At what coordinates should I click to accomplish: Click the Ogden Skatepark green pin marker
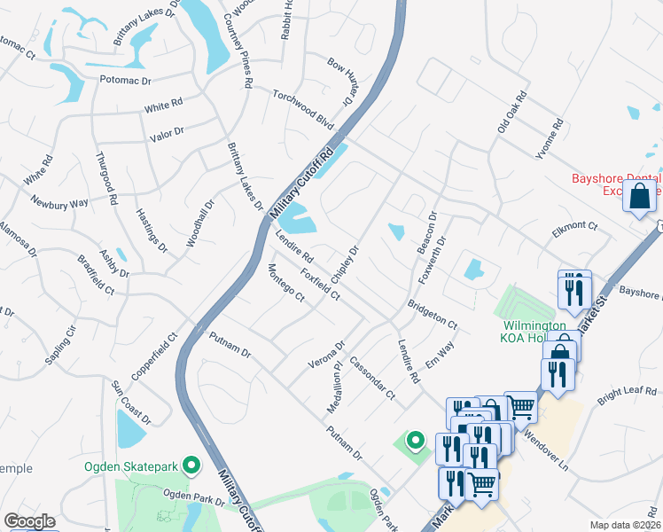(191, 465)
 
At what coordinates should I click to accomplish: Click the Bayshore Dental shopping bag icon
(640, 196)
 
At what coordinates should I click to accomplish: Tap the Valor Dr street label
(166, 132)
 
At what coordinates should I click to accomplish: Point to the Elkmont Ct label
(575, 226)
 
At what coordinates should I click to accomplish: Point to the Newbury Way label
(59, 201)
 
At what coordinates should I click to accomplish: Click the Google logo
(29, 521)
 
